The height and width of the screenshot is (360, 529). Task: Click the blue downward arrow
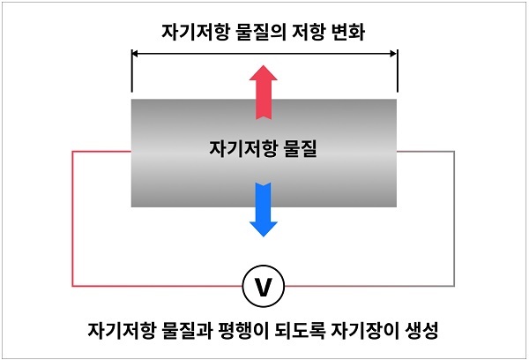pos(264,208)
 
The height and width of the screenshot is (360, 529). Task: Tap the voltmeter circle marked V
pos(264,287)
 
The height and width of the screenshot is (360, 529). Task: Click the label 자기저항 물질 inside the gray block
pos(264,149)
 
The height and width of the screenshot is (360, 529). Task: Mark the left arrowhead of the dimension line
pos(134,53)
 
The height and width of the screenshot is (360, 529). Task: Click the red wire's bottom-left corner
pos(72,287)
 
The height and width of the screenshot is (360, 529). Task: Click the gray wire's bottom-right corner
pos(455,287)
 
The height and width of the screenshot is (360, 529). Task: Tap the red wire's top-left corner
pos(72,152)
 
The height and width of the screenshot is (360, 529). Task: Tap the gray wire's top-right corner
pos(455,152)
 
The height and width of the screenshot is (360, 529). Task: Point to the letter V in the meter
pos(264,287)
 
